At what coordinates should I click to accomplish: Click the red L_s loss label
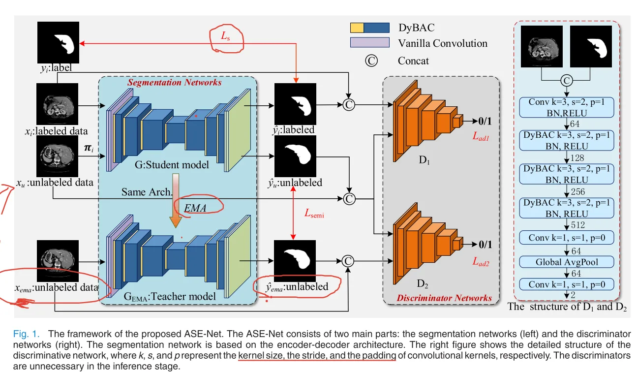click(225, 36)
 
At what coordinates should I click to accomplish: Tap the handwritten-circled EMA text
click(195, 208)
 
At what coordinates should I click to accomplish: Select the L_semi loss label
click(314, 213)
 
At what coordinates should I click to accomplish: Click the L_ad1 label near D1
click(481, 136)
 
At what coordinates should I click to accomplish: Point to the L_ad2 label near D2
click(481, 261)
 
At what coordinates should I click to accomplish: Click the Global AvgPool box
click(567, 262)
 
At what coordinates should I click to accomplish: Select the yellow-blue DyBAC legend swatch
click(370, 28)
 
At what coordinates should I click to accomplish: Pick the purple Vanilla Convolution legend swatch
click(370, 42)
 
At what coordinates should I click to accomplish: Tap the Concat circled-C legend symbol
click(371, 61)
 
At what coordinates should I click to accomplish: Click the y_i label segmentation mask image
click(59, 42)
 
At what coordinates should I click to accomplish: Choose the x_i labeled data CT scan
click(57, 104)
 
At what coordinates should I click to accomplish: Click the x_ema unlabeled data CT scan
click(58, 261)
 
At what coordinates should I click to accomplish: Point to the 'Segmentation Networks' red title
click(174, 82)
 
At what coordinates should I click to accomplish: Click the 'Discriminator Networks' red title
click(444, 298)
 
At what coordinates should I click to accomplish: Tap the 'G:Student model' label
click(172, 165)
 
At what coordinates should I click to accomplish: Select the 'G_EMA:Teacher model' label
click(170, 296)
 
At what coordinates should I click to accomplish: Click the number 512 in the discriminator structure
click(578, 225)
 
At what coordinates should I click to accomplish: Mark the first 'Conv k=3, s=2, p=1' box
click(567, 107)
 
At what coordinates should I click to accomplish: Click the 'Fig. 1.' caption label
click(26, 334)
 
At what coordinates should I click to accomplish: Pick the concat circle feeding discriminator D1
click(349, 105)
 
